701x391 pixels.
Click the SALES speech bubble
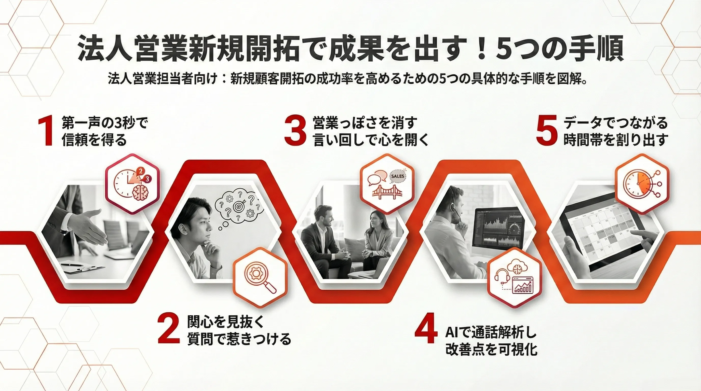tap(398, 176)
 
